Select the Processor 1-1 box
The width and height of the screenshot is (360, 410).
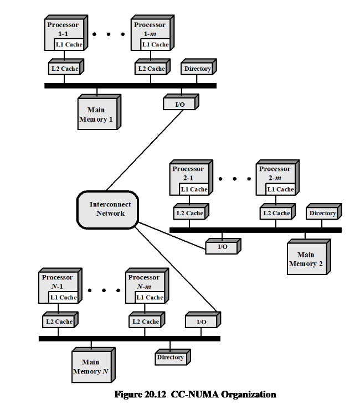(62, 29)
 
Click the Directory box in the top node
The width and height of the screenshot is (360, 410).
(197, 69)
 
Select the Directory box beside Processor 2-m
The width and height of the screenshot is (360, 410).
(322, 214)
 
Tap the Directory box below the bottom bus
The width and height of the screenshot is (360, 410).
(170, 357)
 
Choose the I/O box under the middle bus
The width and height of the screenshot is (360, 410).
(222, 247)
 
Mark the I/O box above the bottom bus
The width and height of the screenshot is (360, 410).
(201, 321)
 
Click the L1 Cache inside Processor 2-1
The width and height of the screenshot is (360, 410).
(194, 189)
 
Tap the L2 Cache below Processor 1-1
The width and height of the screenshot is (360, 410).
(63, 69)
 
